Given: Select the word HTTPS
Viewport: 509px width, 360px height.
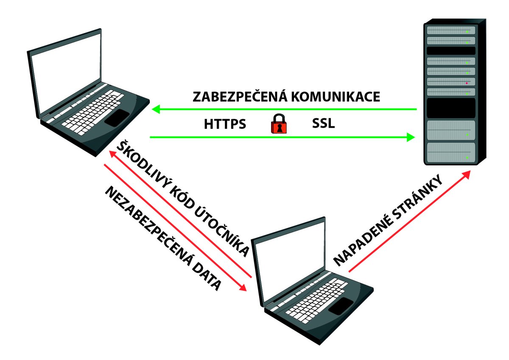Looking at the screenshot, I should click(x=225, y=125).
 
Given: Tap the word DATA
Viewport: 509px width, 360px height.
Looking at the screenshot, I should click(x=207, y=280).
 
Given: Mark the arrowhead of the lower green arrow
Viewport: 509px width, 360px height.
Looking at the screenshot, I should click(x=410, y=137).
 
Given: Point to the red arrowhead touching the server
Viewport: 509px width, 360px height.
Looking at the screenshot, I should click(x=466, y=174).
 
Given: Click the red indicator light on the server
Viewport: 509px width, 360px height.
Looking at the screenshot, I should click(x=467, y=83).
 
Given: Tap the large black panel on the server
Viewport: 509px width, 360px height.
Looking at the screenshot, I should click(x=450, y=108).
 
